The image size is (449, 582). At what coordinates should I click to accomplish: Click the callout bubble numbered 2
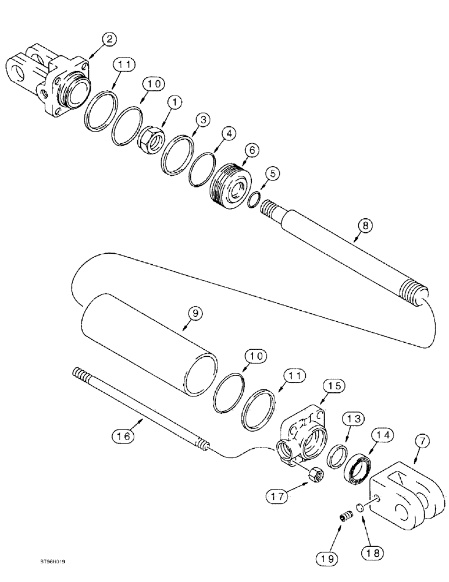[x=109, y=40]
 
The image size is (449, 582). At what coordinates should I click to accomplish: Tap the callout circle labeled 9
[x=195, y=313]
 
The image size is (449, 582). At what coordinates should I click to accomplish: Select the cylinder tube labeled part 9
[x=149, y=346]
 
